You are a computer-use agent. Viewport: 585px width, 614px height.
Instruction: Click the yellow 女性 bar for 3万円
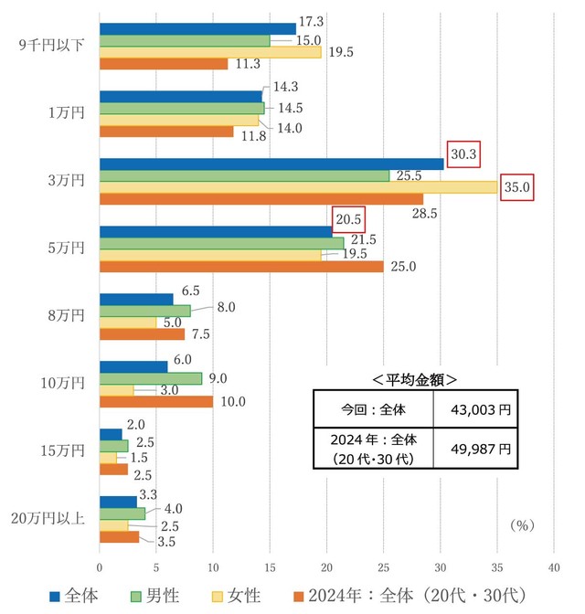(298, 187)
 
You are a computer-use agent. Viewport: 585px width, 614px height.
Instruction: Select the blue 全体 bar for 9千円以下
(197, 28)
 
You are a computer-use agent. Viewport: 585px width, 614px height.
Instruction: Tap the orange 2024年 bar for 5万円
(241, 267)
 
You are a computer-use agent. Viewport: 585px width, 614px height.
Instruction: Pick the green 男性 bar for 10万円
(151, 378)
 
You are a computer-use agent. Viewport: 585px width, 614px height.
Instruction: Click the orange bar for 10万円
(155, 402)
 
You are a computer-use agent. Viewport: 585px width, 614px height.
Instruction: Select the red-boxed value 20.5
(348, 220)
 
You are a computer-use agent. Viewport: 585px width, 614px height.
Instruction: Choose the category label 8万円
(69, 315)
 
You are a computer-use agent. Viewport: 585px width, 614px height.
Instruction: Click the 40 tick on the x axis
(554, 567)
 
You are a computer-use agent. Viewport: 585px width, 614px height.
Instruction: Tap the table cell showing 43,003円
(474, 408)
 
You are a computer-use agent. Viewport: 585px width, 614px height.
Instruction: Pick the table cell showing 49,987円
(474, 449)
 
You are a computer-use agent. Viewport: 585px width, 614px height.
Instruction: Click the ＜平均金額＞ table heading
(415, 378)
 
